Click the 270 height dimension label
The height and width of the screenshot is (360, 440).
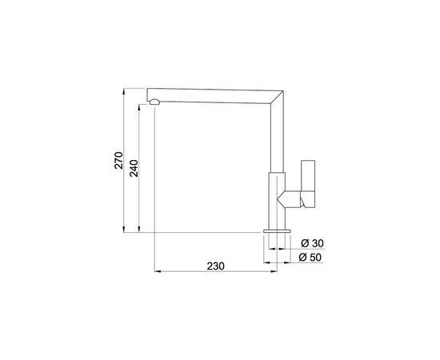(119, 160)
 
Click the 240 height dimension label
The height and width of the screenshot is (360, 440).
(134, 168)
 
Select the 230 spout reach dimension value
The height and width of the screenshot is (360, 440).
(216, 266)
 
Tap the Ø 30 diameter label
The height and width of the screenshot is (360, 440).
(312, 243)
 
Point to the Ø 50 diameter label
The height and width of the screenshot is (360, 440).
(310, 257)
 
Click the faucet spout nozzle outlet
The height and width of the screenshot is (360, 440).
(154, 102)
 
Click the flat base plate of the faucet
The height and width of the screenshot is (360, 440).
(277, 231)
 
